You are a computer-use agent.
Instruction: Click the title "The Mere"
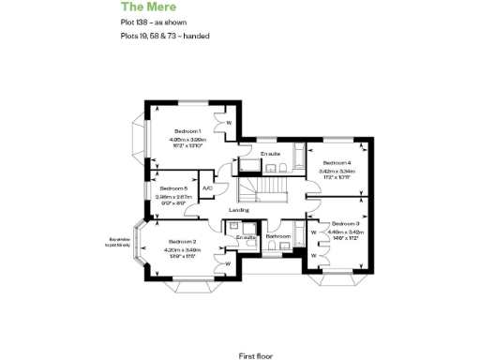(x=144, y=7)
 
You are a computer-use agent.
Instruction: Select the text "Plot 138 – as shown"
(x=152, y=23)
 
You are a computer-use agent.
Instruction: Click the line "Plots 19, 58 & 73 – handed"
(x=165, y=37)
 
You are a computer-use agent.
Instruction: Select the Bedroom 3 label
(x=344, y=224)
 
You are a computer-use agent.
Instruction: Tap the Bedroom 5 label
(x=160, y=188)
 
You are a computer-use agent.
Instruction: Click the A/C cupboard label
(x=207, y=187)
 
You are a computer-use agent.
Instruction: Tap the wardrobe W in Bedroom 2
(x=228, y=262)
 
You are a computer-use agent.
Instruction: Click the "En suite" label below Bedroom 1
(x=272, y=153)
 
